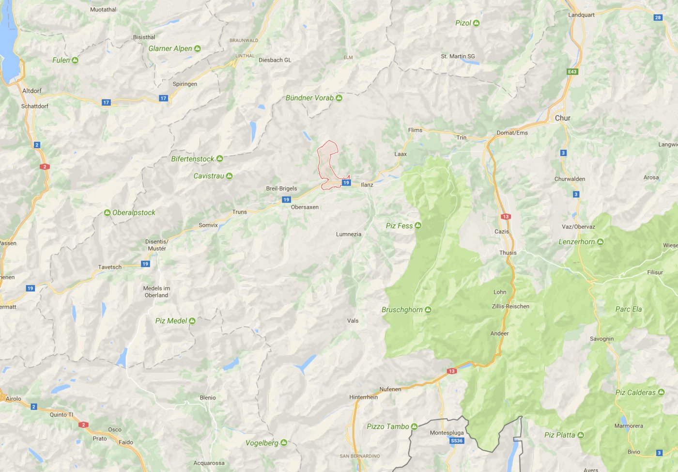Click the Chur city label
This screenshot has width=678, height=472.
coord(562,118)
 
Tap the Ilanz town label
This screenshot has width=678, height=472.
coord(367,185)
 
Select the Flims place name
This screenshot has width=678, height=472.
coord(415,130)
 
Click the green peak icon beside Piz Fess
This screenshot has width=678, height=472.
coord(418,225)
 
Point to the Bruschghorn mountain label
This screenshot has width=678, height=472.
coord(402,310)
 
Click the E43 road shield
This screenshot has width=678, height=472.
coord(572,72)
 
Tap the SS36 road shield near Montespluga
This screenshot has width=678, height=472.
coord(457,441)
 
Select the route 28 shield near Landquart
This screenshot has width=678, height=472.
coord(658,17)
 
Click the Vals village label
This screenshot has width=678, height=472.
coord(353,320)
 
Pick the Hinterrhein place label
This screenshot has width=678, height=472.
coord(363,397)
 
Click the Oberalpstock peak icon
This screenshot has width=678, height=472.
coord(108,213)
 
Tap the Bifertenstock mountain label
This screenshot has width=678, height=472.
coord(192,159)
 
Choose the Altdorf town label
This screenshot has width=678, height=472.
coord(32,91)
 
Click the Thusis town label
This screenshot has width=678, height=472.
coord(508,252)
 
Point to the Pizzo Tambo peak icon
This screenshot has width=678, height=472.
coord(414,426)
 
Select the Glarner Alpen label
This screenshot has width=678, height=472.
coord(170,48)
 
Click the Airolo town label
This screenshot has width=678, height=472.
coord(14,399)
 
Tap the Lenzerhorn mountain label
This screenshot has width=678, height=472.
coord(576,242)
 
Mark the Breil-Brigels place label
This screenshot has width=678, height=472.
coord(281,189)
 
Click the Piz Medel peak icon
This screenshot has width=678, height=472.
coord(192,321)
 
